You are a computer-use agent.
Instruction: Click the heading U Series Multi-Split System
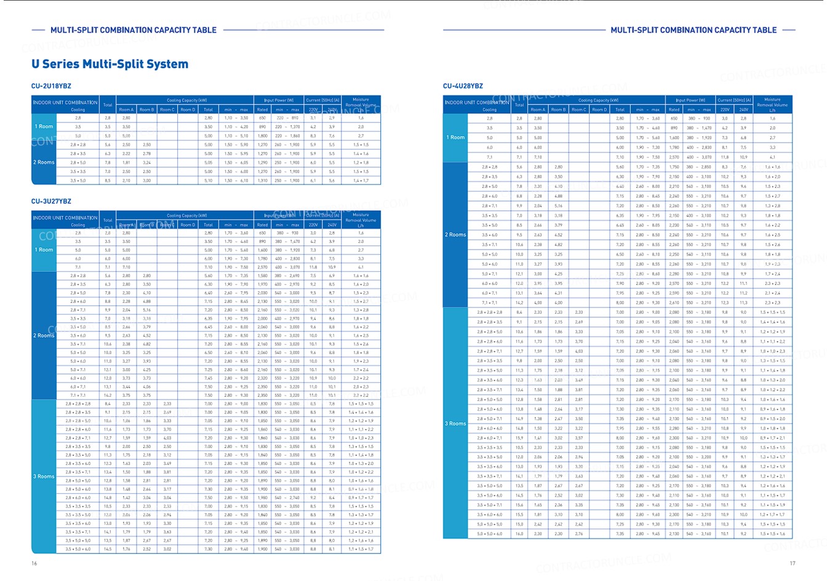[110, 64]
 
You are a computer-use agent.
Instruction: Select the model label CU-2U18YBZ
[51, 86]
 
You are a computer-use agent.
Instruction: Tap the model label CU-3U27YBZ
[51, 201]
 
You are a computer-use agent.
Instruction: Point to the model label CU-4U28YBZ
[463, 86]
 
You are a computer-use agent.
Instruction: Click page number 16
[34, 563]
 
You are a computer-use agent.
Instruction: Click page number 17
[793, 563]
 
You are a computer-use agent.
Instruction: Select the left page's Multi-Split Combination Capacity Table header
[134, 30]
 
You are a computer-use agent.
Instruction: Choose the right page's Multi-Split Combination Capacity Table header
[693, 30]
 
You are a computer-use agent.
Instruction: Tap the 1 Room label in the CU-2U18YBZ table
[44, 127]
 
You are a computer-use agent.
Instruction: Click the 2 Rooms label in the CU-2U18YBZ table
[44, 162]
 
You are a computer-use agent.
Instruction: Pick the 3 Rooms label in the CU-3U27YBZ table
[44, 476]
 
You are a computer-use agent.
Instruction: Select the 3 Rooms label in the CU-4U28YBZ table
[455, 424]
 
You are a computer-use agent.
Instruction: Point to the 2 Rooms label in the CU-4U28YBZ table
[455, 235]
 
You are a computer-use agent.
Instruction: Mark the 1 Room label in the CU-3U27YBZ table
[44, 250]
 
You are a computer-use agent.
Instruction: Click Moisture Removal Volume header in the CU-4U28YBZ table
[772, 105]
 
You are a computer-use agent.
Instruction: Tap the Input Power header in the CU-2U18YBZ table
[279, 100]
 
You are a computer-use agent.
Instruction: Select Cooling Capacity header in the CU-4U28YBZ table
[589, 100]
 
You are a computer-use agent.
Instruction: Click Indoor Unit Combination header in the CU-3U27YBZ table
[65, 218]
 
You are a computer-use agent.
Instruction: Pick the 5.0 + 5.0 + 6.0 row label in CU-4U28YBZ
[490, 534]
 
